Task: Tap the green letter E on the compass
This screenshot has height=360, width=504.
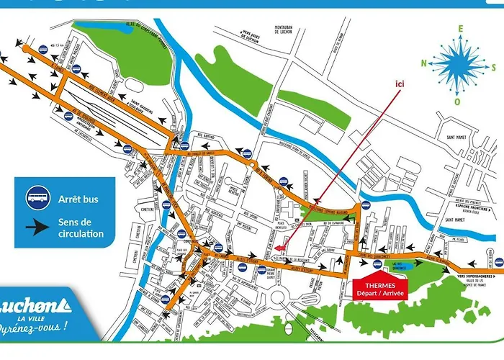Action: click(457, 28)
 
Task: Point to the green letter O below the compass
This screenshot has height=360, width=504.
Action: click(458, 101)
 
